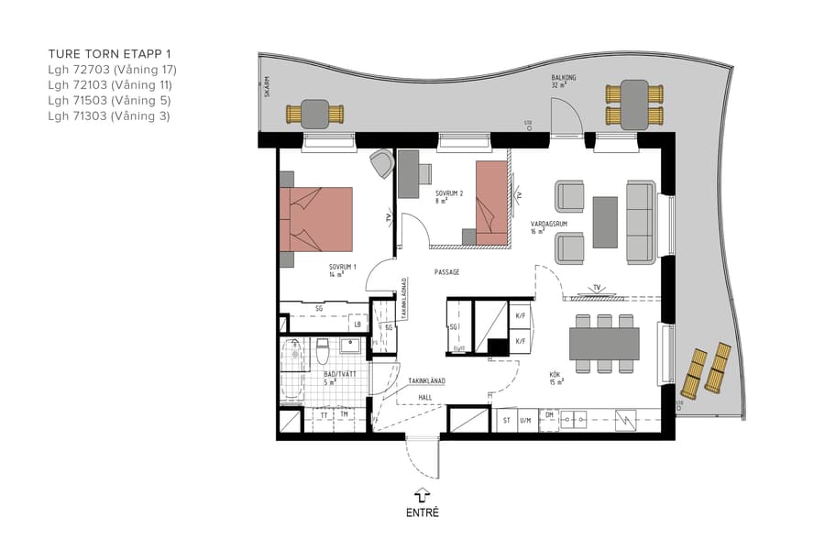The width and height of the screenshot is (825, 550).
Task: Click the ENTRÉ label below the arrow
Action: (423, 512)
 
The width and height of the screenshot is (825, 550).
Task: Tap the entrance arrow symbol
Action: (423, 494)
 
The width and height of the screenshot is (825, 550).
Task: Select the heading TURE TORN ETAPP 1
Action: (110, 54)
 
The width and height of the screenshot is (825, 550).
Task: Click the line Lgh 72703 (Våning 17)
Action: (112, 70)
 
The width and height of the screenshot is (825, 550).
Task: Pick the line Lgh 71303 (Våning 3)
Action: (109, 116)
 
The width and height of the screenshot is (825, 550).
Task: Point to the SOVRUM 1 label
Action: (343, 269)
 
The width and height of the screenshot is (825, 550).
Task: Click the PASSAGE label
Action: (446, 272)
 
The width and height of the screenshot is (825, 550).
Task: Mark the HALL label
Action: (425, 397)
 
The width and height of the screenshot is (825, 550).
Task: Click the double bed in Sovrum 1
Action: (317, 219)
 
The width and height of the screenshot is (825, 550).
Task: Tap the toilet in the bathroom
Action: (322, 352)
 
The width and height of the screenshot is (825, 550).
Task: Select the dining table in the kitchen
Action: (604, 344)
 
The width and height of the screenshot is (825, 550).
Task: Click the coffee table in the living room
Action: (605, 222)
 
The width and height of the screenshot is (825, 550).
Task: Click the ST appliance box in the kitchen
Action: (505, 421)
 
